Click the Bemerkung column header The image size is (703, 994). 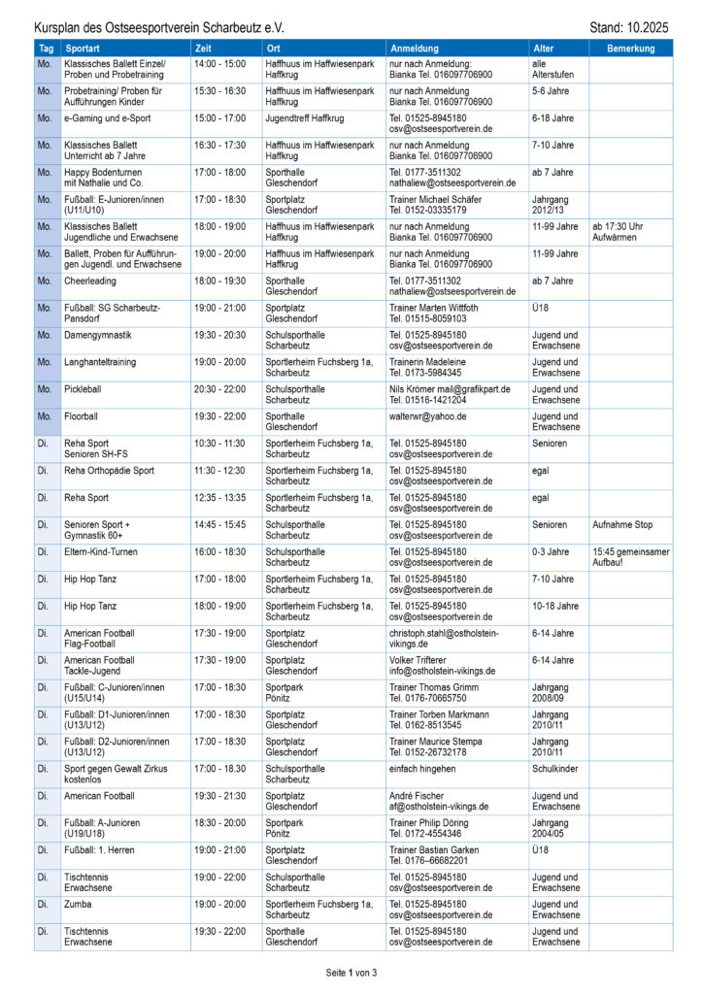click(x=630, y=49)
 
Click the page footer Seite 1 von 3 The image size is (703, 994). click(x=351, y=972)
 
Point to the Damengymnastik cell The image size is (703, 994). click(x=98, y=335)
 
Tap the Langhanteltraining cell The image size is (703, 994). click(x=100, y=362)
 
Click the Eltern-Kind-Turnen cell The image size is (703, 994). click(x=101, y=551)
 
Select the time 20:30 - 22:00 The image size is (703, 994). click(x=220, y=389)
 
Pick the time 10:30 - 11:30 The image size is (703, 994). click(x=220, y=444)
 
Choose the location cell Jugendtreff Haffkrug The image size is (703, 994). click(x=304, y=117)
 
